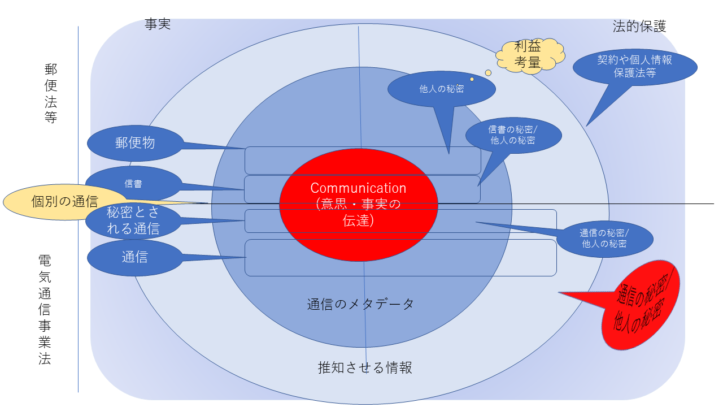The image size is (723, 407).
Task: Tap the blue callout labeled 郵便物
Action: coord(135,143)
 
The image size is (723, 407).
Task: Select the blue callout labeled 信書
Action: coord(133,184)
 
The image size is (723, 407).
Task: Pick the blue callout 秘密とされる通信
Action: coord(133,220)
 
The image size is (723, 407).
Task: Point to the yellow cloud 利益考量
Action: coord(530,55)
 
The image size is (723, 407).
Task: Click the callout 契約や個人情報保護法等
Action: coord(634,66)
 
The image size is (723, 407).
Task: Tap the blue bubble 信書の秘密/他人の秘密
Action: coord(513,135)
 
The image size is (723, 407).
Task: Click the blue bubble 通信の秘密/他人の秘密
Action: coord(604,239)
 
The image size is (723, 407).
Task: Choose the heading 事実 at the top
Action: coord(158,24)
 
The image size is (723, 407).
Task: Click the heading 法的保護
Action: coord(639,26)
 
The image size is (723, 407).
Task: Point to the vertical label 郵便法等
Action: coord(51,93)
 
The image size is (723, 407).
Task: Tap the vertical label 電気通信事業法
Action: coord(45,309)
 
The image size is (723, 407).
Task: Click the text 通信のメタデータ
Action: coord(360,304)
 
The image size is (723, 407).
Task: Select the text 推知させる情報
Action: coord(365,367)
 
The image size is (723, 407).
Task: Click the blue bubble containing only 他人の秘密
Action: coord(442,89)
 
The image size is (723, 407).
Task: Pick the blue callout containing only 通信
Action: coord(134,258)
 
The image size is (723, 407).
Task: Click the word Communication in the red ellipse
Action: coord(358,188)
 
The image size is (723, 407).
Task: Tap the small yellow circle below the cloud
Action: coord(488,73)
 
